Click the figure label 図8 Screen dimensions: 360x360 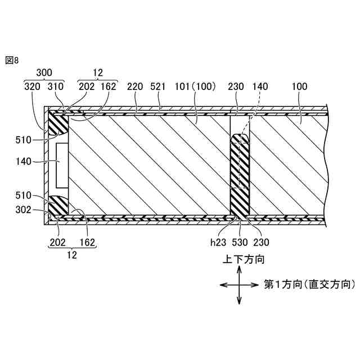click(x=12, y=60)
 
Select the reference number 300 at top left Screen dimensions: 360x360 click(x=44, y=73)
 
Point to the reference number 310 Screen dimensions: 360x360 click(x=56, y=87)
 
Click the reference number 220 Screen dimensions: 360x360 click(x=135, y=87)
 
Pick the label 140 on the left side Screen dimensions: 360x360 click(x=24, y=161)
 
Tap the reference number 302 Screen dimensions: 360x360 click(x=23, y=211)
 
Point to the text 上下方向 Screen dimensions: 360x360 click(x=240, y=260)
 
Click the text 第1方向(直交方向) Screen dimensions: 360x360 click(x=310, y=285)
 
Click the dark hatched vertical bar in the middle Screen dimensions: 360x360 click(x=240, y=174)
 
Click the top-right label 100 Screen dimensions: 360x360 click(x=300, y=87)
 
